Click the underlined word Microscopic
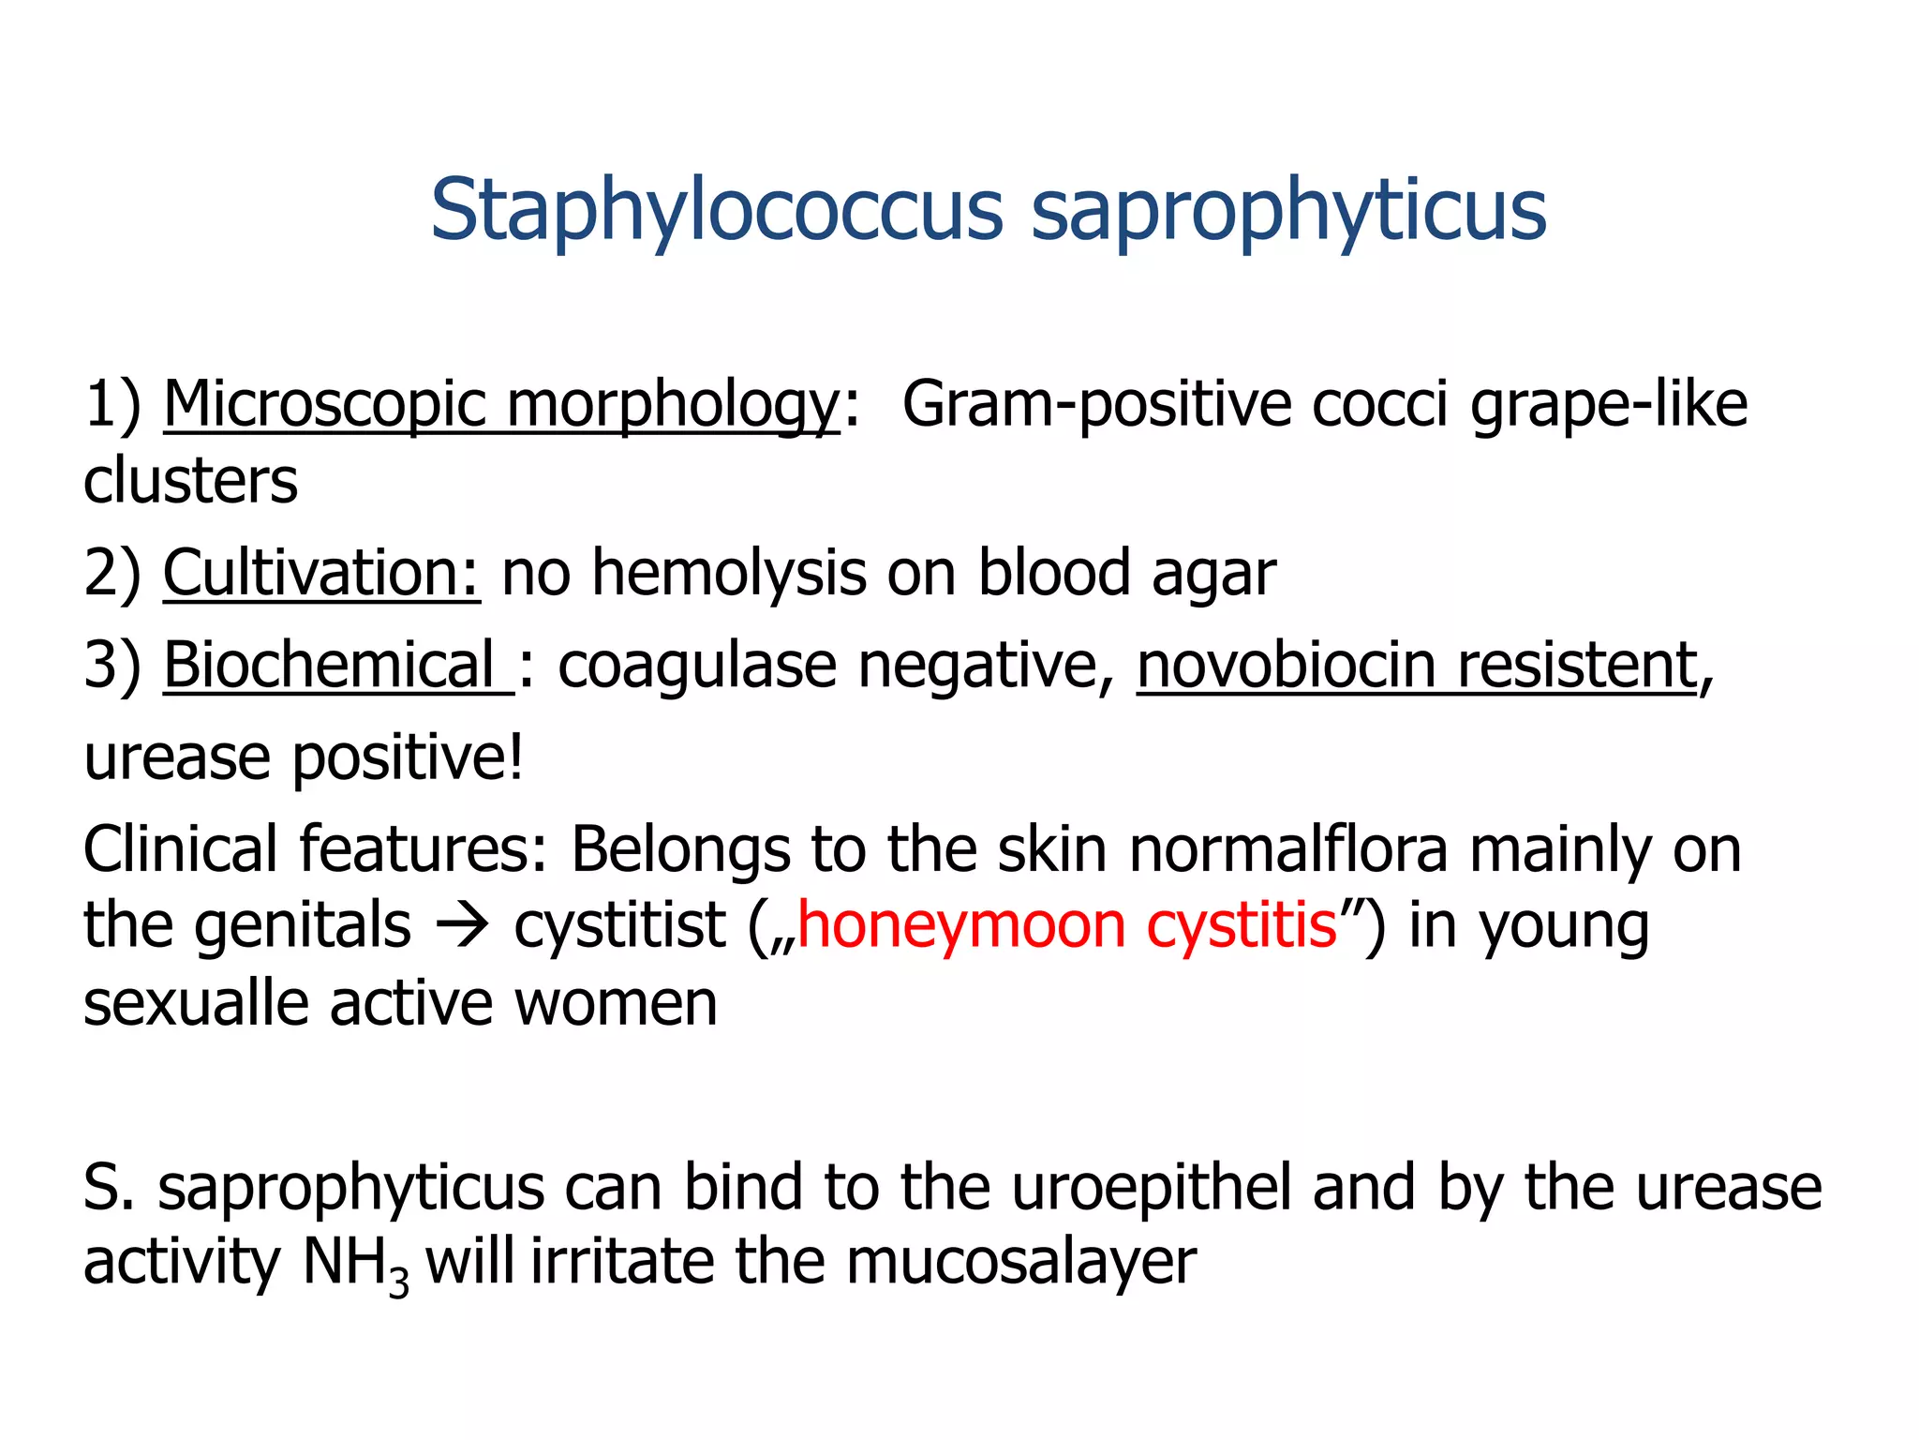(324, 406)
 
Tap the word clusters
(190, 481)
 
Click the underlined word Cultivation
(321, 573)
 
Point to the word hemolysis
(730, 573)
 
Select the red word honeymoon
(961, 926)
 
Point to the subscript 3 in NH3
(398, 1282)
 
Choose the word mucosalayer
(1021, 1263)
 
